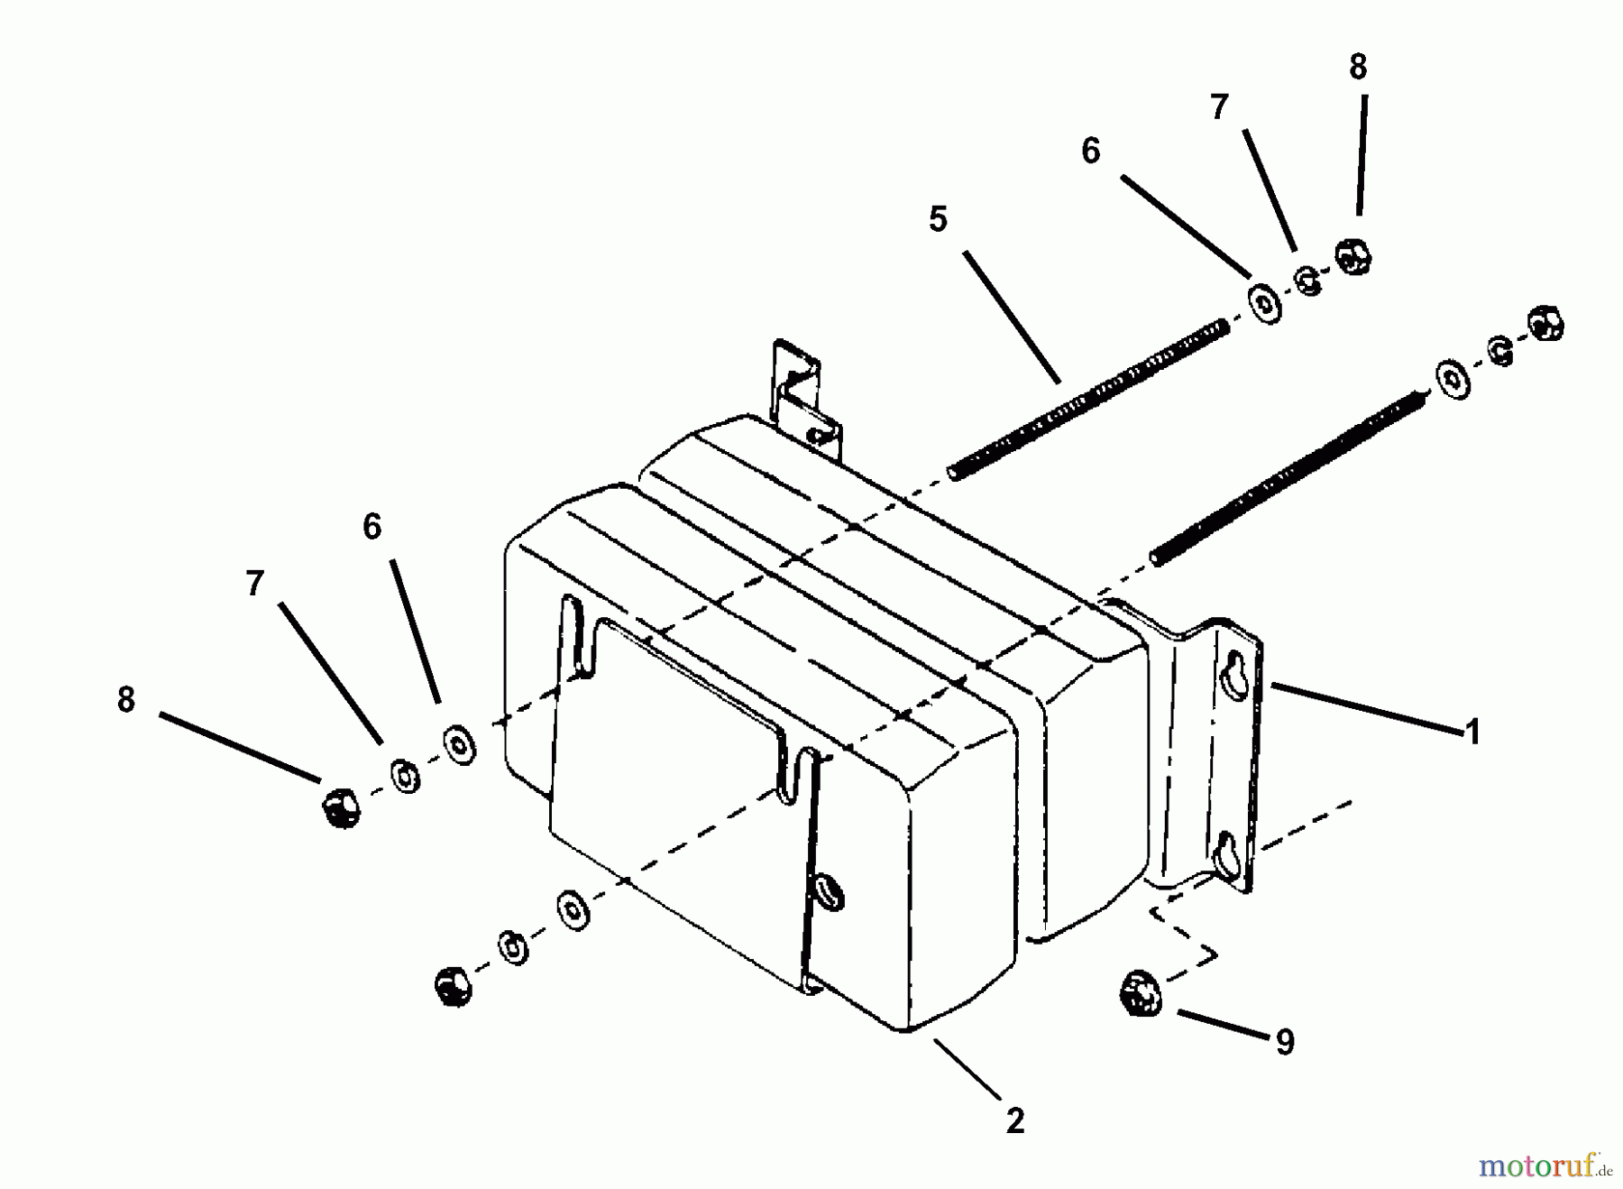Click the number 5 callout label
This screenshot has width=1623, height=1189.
coord(938,219)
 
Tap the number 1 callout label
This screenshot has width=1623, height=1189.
coord(1472,732)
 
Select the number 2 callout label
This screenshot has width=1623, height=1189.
coord(1014,1121)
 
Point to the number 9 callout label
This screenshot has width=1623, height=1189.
coord(1284,1042)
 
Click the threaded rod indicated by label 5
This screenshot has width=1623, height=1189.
coord(1088,399)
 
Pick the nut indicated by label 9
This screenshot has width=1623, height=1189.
coord(1141,991)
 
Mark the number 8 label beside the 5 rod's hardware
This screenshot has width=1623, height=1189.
coord(1358,67)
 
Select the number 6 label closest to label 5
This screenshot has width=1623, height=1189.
coord(1091,151)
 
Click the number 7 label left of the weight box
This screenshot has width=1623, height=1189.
coord(255,584)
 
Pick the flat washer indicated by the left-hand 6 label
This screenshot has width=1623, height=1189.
coord(461,743)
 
